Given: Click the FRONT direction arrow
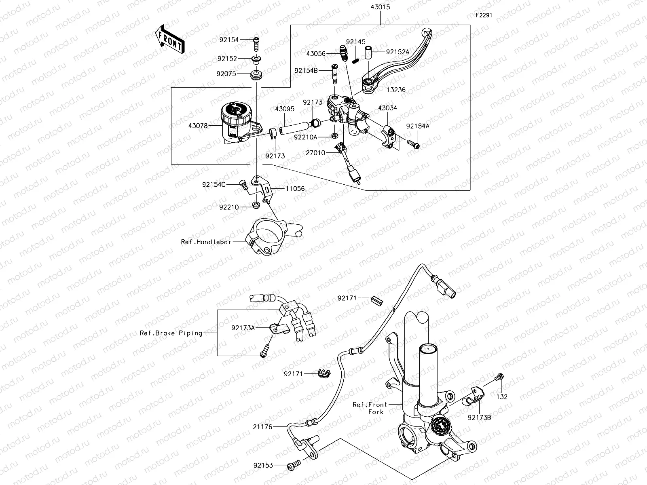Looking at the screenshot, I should [169, 40].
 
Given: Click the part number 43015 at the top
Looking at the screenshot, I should [381, 8].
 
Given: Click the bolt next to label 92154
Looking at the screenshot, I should [256, 40].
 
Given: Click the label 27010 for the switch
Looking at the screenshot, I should [315, 153].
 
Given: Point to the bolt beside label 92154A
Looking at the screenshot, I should [413, 143].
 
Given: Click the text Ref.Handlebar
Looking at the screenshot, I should [206, 242].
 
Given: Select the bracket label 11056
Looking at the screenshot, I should [295, 189].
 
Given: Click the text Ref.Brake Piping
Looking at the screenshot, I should [171, 333].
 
